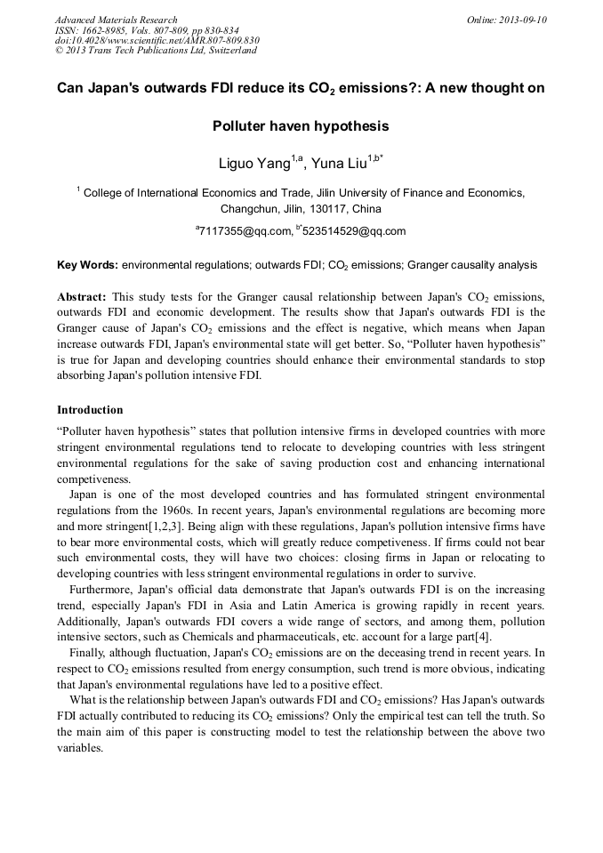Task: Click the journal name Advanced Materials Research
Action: (116, 20)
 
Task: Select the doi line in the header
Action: (157, 40)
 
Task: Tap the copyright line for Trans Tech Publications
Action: (156, 51)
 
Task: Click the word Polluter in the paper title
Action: (243, 126)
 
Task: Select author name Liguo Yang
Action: (254, 164)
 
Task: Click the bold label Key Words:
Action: (87, 265)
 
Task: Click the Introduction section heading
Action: (90, 410)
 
